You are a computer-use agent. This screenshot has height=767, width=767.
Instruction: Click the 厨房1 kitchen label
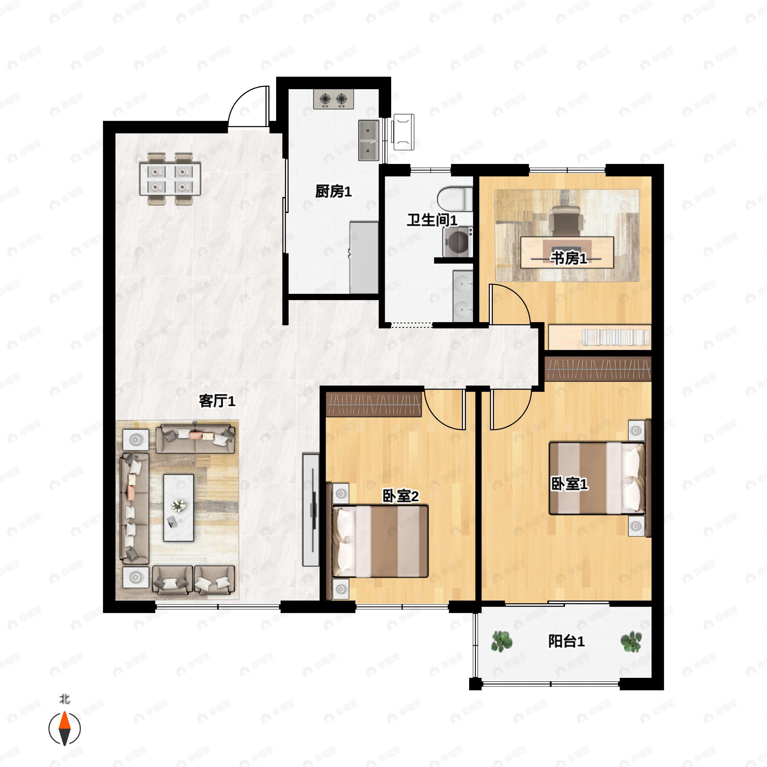[x=333, y=192]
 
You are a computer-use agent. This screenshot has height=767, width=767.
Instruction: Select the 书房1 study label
[x=568, y=259]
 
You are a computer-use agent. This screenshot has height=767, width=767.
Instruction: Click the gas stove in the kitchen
[x=333, y=99]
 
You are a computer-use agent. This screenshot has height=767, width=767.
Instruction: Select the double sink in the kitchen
[x=369, y=141]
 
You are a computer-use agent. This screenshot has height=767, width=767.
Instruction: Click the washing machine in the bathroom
[x=457, y=241]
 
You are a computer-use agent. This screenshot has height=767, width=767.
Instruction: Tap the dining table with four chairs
[x=170, y=179]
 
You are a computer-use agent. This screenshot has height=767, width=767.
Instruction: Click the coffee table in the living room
[x=179, y=508]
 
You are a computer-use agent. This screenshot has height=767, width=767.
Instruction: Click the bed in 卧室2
[x=380, y=541]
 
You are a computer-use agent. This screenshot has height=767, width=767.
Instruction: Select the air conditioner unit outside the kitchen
[x=403, y=132]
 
